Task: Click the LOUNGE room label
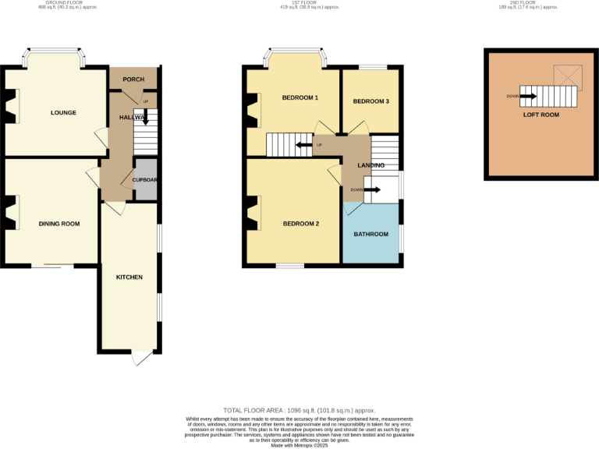[63, 113]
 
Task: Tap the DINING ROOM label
[59, 224]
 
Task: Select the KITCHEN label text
[129, 278]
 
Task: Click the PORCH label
[133, 79]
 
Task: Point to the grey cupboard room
[145, 180]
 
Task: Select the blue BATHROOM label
[370, 234]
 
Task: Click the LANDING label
[370, 165]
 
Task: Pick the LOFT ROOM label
[541, 115]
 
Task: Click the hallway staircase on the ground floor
[146, 133]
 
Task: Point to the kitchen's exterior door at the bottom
[140, 357]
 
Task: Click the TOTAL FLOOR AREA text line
[299, 410]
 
